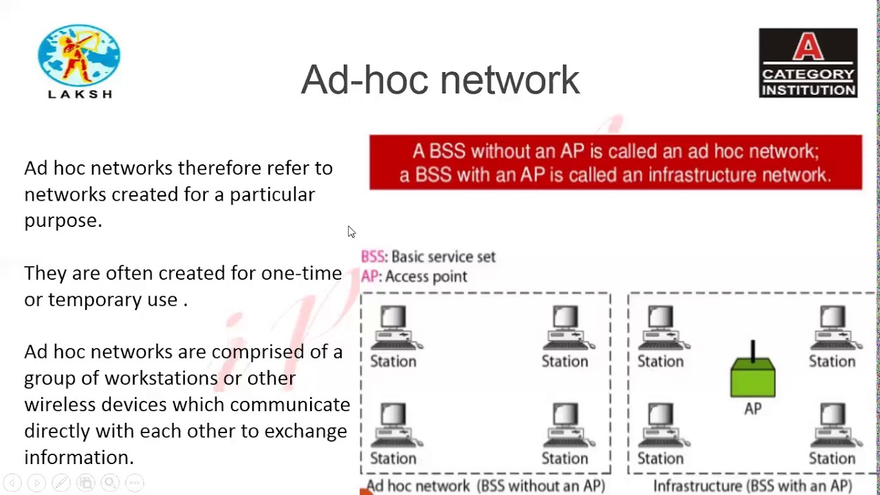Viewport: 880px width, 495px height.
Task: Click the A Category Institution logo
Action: tap(808, 63)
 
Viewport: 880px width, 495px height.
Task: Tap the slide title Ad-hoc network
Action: tap(440, 80)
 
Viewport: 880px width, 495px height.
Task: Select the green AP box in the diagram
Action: tap(753, 377)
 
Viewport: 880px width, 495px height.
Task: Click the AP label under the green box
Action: tap(753, 409)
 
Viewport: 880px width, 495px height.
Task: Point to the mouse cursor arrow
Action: tap(351, 231)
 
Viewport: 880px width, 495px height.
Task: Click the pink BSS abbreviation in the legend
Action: tap(373, 256)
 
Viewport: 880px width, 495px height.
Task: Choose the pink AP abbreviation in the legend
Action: tap(370, 276)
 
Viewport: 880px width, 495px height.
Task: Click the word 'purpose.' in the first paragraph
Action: tap(63, 221)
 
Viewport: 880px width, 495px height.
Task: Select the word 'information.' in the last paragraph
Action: tap(78, 457)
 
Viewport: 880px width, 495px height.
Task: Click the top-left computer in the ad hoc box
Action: tap(394, 327)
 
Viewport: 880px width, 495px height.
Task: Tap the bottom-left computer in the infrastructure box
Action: tap(661, 423)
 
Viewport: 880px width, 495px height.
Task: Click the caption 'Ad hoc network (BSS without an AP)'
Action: tap(485, 486)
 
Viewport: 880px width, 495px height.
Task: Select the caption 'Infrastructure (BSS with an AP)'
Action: tap(752, 486)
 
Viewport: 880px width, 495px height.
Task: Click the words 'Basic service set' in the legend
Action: tap(443, 256)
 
